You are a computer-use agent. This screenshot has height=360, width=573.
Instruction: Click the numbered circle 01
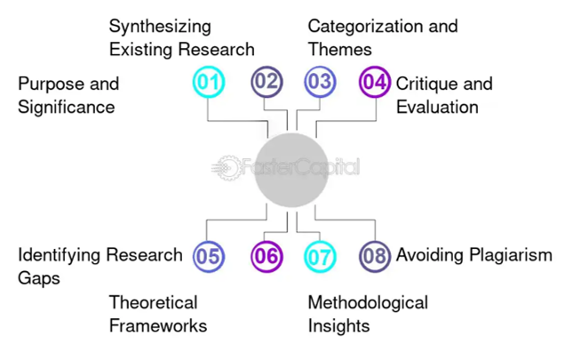[x=209, y=83]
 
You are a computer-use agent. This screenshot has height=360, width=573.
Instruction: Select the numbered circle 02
[x=265, y=83]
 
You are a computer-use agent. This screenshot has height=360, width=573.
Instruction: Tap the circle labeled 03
[x=320, y=83]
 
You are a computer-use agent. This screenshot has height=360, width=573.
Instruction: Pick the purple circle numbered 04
[x=375, y=83]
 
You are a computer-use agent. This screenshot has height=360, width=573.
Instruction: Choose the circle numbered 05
[x=209, y=257]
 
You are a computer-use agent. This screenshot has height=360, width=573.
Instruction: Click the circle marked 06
[x=265, y=257]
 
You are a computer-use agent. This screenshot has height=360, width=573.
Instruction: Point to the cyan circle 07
[x=320, y=257]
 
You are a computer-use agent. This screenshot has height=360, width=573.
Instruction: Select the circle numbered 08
[x=375, y=257]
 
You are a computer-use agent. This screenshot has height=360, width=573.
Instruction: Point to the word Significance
[x=67, y=108]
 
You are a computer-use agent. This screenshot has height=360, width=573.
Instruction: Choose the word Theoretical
[x=154, y=303]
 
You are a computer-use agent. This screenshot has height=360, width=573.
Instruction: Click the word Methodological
[x=368, y=303]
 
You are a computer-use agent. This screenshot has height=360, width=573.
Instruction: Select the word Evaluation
[x=437, y=108]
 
